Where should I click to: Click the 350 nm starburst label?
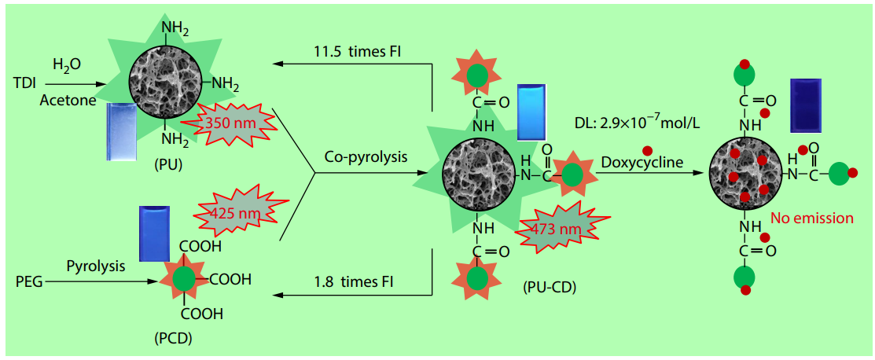point(228,124)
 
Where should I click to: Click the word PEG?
point(28,279)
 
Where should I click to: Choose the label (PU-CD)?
point(550,288)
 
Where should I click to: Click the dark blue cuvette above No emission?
point(805,104)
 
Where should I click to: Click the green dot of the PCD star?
point(186,278)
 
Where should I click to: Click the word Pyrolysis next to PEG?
point(95,266)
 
